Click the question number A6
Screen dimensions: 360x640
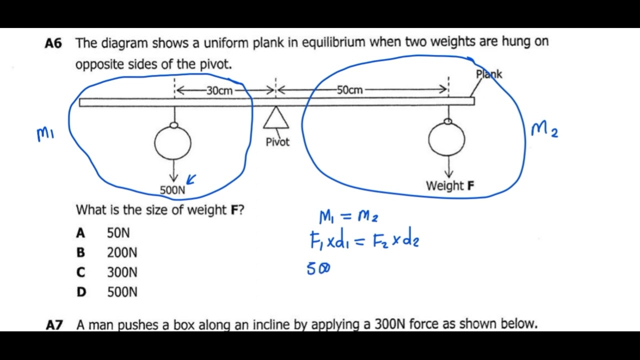(53, 43)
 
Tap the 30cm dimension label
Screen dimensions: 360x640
(219, 90)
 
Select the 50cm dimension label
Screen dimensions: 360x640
(349, 90)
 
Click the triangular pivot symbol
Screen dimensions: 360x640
(276, 118)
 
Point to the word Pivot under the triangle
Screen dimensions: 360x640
(277, 142)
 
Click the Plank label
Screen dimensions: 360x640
(488, 74)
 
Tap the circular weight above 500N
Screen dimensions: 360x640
(172, 142)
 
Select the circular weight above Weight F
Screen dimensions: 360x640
(446, 139)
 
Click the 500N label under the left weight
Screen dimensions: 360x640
(172, 190)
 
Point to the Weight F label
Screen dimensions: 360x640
(450, 186)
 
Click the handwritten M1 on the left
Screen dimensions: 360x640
(45, 134)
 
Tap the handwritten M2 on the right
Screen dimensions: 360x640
(544, 130)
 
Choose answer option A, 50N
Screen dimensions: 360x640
(118, 233)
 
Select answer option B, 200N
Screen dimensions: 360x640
(121, 252)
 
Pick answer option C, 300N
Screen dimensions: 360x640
(121, 272)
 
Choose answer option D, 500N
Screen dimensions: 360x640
(121, 292)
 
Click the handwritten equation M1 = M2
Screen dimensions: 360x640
(349, 216)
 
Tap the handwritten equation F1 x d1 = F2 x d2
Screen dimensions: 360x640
(364, 241)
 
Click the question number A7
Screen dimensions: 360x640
(54, 324)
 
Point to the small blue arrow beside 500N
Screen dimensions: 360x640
(191, 179)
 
